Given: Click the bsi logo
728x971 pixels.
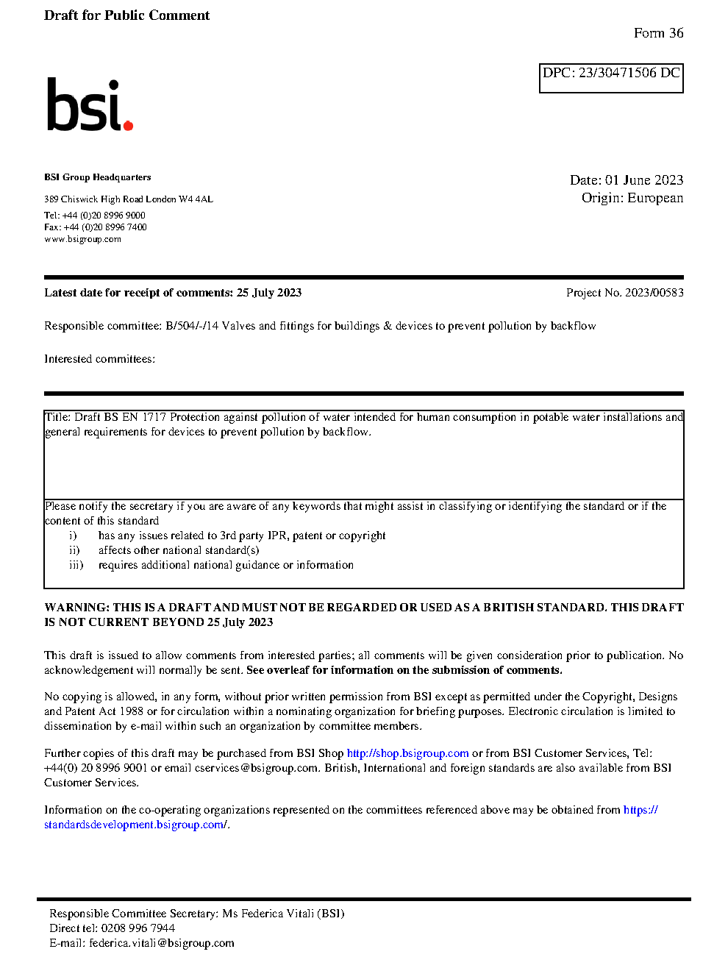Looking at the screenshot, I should [89, 105].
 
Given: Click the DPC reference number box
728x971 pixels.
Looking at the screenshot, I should [611, 78].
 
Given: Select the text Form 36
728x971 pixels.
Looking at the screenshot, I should [658, 33].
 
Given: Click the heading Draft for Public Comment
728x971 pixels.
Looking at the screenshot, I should [126, 15].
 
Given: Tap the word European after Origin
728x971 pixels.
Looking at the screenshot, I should [655, 198].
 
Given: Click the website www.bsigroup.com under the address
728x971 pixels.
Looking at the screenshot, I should [82, 239].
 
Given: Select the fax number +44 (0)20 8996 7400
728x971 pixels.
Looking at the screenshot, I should [105, 227].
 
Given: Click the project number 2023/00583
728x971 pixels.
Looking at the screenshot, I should [654, 293].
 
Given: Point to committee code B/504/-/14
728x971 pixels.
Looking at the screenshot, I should [192, 326].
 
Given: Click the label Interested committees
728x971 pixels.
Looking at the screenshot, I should [99, 359].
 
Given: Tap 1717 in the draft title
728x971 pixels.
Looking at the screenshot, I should [154, 417].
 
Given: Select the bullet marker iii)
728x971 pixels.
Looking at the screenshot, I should [76, 565].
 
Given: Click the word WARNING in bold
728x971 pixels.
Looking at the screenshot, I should [76, 608].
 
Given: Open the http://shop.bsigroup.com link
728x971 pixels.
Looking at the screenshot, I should [407, 753].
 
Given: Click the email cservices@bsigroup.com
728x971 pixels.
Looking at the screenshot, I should [257, 768].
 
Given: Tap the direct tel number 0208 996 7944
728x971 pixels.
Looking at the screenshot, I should [138, 928].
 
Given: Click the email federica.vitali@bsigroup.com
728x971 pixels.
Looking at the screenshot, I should [162, 943].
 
